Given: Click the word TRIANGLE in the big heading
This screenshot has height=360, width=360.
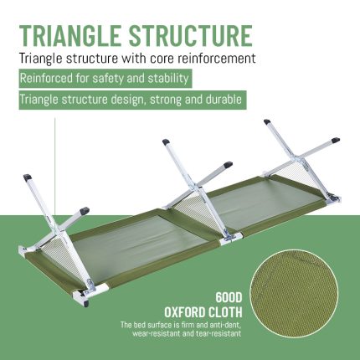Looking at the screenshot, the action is (x=69, y=35).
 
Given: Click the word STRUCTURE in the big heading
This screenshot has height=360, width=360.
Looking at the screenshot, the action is (x=191, y=35).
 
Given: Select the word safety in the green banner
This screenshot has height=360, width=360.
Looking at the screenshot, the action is (x=108, y=78).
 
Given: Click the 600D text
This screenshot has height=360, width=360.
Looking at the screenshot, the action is (x=229, y=298).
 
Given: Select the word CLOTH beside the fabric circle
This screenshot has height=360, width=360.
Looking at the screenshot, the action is (x=224, y=312).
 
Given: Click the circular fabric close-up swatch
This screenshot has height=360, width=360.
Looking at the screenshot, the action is (x=294, y=294).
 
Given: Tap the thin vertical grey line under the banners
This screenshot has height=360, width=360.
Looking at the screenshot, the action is (x=55, y=167).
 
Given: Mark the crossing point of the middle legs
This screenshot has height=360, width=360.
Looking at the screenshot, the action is (x=197, y=188).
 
